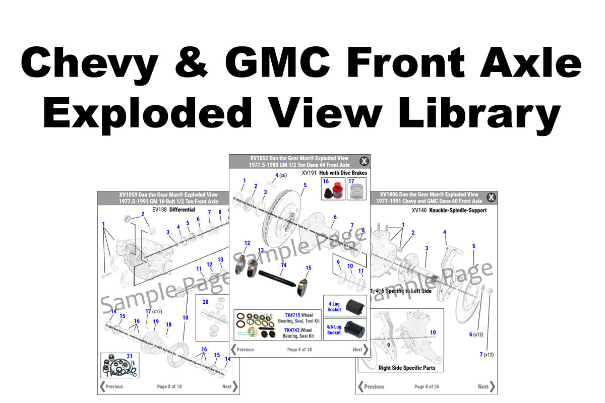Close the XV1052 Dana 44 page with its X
pos(364,161)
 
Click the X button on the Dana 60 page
pos(491,197)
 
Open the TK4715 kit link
pos(292,315)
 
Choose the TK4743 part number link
pos(292,330)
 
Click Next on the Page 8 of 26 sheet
pos(486,386)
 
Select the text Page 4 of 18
pos(299,350)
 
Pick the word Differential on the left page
pos(182,210)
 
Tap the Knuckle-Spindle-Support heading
pos(458,211)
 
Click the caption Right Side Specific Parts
pos(407,368)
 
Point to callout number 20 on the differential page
pos(205,302)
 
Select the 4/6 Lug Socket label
pos(334,329)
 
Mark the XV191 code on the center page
pos(309,173)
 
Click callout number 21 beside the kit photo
pos(130,356)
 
